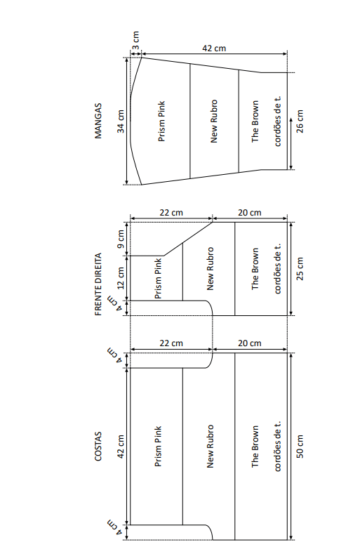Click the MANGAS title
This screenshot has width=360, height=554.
[x=98, y=121]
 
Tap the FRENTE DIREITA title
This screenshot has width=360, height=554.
[x=98, y=284]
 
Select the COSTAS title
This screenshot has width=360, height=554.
[x=98, y=447]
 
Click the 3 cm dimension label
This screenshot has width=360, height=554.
[x=135, y=41]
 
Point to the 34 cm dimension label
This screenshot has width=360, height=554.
[x=121, y=121]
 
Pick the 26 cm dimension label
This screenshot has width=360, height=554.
[x=300, y=121]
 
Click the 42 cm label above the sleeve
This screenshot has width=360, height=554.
[x=214, y=48]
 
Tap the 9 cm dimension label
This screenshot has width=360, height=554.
[x=121, y=239]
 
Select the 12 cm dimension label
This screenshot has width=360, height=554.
[x=121, y=278]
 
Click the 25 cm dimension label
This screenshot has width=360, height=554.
[x=300, y=269]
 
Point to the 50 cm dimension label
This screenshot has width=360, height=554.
[x=300, y=447]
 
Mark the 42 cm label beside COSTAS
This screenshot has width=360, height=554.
[x=121, y=447]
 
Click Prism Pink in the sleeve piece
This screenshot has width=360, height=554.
[x=161, y=121]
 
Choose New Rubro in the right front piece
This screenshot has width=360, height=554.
[x=211, y=269]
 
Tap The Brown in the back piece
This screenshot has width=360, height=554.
[x=255, y=447]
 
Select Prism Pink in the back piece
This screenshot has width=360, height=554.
[x=158, y=447]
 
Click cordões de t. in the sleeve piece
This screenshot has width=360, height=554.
[x=277, y=121]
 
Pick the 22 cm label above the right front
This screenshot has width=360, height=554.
[x=171, y=213]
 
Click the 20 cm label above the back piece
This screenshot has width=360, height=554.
[x=250, y=343]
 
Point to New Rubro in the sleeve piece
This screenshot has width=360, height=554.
[x=214, y=121]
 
